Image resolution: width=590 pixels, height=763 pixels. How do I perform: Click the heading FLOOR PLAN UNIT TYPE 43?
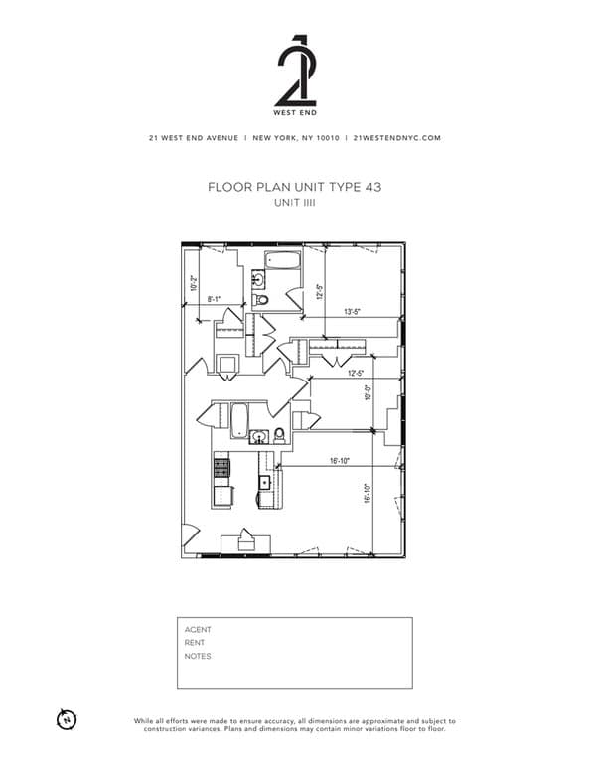295,186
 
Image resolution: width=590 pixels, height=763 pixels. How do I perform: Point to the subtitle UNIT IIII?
295,202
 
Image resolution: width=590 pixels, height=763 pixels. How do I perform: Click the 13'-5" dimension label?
351,311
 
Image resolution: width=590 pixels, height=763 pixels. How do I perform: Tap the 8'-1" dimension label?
214,298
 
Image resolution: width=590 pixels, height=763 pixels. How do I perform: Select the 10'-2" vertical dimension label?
194,283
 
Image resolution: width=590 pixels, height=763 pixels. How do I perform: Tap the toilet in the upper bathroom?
261,299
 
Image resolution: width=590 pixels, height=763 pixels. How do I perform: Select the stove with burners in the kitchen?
221,465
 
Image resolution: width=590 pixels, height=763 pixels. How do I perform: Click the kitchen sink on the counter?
265,483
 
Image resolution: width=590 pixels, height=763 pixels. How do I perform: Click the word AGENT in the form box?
198,629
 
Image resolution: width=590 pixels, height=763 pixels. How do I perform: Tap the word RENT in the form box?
195,643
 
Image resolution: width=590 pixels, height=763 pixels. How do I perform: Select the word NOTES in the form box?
197,657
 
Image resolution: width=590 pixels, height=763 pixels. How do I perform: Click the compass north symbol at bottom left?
67,719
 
